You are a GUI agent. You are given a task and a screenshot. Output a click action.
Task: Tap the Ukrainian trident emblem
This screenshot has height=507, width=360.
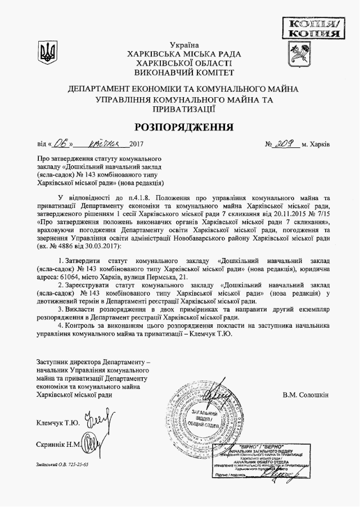[47, 53]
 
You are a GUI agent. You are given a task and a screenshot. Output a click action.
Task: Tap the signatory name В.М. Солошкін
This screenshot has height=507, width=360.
[306, 395]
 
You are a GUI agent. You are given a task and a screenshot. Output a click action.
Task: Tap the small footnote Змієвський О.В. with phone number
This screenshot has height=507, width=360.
[62, 467]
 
